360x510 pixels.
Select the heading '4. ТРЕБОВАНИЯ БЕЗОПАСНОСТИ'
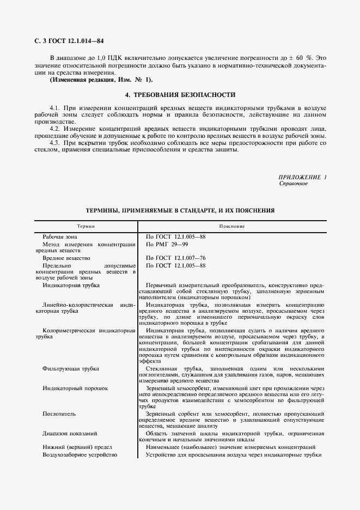[x=180, y=94]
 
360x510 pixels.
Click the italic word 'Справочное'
[x=293, y=184]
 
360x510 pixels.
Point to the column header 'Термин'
[x=86, y=226]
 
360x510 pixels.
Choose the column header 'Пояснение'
[x=232, y=226]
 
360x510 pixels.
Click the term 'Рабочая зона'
[x=60, y=236]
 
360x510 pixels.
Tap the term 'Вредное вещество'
[x=66, y=258]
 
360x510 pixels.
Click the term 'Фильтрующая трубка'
[x=70, y=369]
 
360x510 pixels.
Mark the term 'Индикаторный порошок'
[x=75, y=388]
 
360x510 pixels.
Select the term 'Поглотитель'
[x=58, y=414]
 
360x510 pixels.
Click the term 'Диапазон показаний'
[x=70, y=434]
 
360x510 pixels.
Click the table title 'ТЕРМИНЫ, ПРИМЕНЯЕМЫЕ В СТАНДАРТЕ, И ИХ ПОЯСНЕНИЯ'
[x=180, y=210]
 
